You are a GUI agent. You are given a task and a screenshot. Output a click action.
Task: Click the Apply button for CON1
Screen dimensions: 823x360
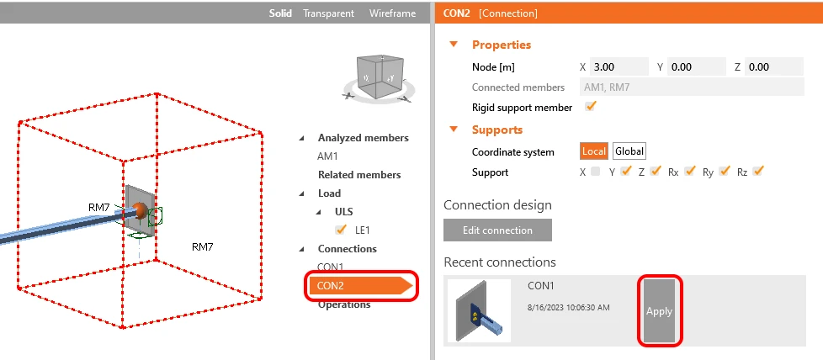(659, 310)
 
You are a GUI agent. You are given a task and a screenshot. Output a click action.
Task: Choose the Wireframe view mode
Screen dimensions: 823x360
(392, 13)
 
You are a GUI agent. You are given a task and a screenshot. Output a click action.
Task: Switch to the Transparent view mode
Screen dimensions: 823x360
(328, 13)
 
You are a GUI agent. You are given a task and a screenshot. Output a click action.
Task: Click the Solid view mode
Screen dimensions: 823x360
(280, 13)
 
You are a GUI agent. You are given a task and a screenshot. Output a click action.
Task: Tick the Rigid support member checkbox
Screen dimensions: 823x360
(591, 107)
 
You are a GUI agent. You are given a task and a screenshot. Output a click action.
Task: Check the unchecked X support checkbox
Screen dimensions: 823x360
(595, 172)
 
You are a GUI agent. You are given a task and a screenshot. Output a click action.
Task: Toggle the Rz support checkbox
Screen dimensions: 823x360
(757, 171)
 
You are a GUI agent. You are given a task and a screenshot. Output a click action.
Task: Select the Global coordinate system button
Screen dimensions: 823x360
(629, 151)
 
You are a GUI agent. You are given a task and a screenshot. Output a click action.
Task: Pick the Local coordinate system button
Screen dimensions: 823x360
(594, 151)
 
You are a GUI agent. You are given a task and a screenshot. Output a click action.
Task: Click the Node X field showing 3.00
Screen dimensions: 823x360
(619, 66)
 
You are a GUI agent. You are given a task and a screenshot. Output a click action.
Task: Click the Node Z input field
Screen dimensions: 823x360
(773, 66)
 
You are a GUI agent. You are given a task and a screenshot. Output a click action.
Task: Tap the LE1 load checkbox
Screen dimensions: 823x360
(341, 230)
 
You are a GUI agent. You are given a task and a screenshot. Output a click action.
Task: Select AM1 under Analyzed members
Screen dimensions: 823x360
(327, 156)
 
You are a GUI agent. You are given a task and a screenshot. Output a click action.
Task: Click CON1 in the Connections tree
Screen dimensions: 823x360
(330, 267)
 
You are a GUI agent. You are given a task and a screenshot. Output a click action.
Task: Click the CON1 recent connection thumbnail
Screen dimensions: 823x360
(479, 310)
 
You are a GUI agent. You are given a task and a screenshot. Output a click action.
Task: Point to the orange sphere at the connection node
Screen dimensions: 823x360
(140, 210)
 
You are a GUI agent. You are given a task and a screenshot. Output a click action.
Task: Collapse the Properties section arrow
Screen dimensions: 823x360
(454, 44)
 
